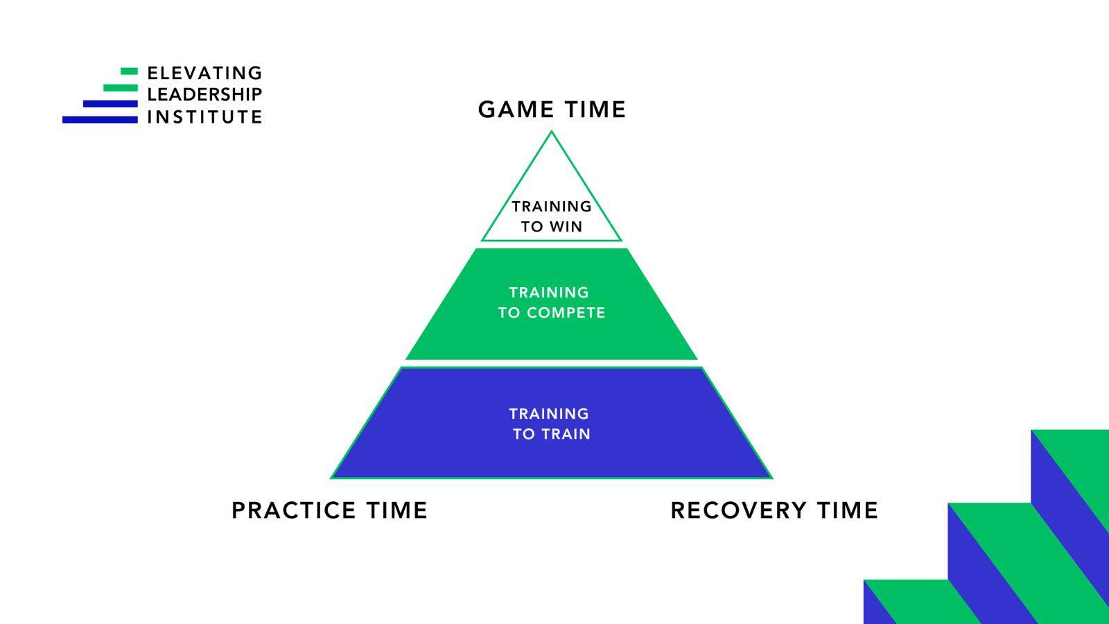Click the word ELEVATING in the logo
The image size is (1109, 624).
click(x=204, y=73)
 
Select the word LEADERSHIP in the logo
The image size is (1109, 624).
click(x=204, y=94)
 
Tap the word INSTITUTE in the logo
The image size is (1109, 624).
click(x=204, y=117)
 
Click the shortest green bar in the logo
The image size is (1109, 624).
click(x=129, y=71)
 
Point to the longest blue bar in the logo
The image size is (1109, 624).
click(x=100, y=119)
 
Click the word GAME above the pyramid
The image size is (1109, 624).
click(x=516, y=110)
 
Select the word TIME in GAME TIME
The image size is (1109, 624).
click(x=595, y=110)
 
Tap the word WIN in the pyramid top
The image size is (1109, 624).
click(x=566, y=227)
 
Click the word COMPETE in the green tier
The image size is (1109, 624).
click(x=566, y=313)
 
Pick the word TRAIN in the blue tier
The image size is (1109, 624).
click(x=566, y=434)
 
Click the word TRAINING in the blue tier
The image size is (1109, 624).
click(x=549, y=413)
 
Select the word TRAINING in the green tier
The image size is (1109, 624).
click(x=549, y=292)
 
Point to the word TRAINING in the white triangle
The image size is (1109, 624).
click(x=552, y=206)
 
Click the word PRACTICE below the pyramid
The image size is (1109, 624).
click(x=294, y=510)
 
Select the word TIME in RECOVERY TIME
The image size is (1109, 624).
click(x=848, y=510)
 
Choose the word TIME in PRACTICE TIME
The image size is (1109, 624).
click(x=397, y=510)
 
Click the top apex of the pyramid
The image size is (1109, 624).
click(x=552, y=131)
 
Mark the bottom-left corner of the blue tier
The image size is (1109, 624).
click(x=331, y=478)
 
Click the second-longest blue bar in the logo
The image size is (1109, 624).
click(x=110, y=103)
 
